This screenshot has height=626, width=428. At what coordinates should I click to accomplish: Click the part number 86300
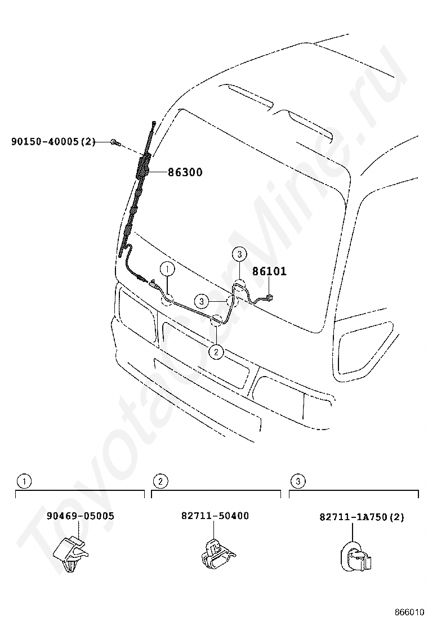tap(185, 173)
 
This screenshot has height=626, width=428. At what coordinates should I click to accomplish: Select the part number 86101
tap(269, 271)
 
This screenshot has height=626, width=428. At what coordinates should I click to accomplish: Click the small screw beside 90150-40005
tap(114, 143)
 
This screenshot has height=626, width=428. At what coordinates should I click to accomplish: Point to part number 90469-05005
tap(80, 516)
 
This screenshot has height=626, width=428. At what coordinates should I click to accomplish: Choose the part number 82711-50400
tap(215, 516)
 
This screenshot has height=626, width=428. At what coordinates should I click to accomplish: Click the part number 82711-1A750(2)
tap(362, 517)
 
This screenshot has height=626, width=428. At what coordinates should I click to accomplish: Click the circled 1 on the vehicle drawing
tap(167, 270)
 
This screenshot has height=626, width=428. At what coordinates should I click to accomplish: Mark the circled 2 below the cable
tap(216, 352)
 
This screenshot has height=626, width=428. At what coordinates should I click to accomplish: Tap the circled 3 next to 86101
tap(239, 255)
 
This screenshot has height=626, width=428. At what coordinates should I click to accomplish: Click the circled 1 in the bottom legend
tap(23, 481)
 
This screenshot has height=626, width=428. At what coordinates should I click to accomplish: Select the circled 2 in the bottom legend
tap(160, 481)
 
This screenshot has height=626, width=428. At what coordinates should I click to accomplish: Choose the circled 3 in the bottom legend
tap(297, 481)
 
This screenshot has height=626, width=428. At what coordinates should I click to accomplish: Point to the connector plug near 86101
tap(270, 297)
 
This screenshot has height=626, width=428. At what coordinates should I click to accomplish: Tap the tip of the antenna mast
tap(153, 123)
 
